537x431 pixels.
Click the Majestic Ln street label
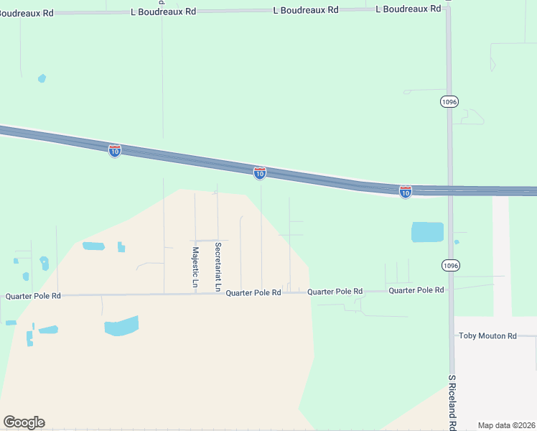(x=195, y=267)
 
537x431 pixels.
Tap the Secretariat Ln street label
(x=218, y=267)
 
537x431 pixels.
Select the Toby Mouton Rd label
(x=488, y=336)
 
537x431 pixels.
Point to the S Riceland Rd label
(x=452, y=402)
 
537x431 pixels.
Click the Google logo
(x=24, y=422)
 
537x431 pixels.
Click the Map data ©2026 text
(x=506, y=425)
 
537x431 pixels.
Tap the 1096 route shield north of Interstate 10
(x=449, y=102)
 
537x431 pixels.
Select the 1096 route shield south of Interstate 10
(x=450, y=266)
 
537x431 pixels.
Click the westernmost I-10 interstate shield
(x=115, y=150)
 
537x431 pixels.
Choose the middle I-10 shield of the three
(x=260, y=172)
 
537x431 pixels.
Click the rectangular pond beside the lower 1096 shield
(x=427, y=232)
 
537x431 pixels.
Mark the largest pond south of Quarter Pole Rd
(x=122, y=326)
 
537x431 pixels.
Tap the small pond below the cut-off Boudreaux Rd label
(x=42, y=78)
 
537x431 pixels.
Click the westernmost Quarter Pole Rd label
(x=33, y=296)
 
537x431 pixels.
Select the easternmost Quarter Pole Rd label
(x=416, y=290)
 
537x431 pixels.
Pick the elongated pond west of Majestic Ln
(x=93, y=246)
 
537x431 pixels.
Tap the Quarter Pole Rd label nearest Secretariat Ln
(x=253, y=293)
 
